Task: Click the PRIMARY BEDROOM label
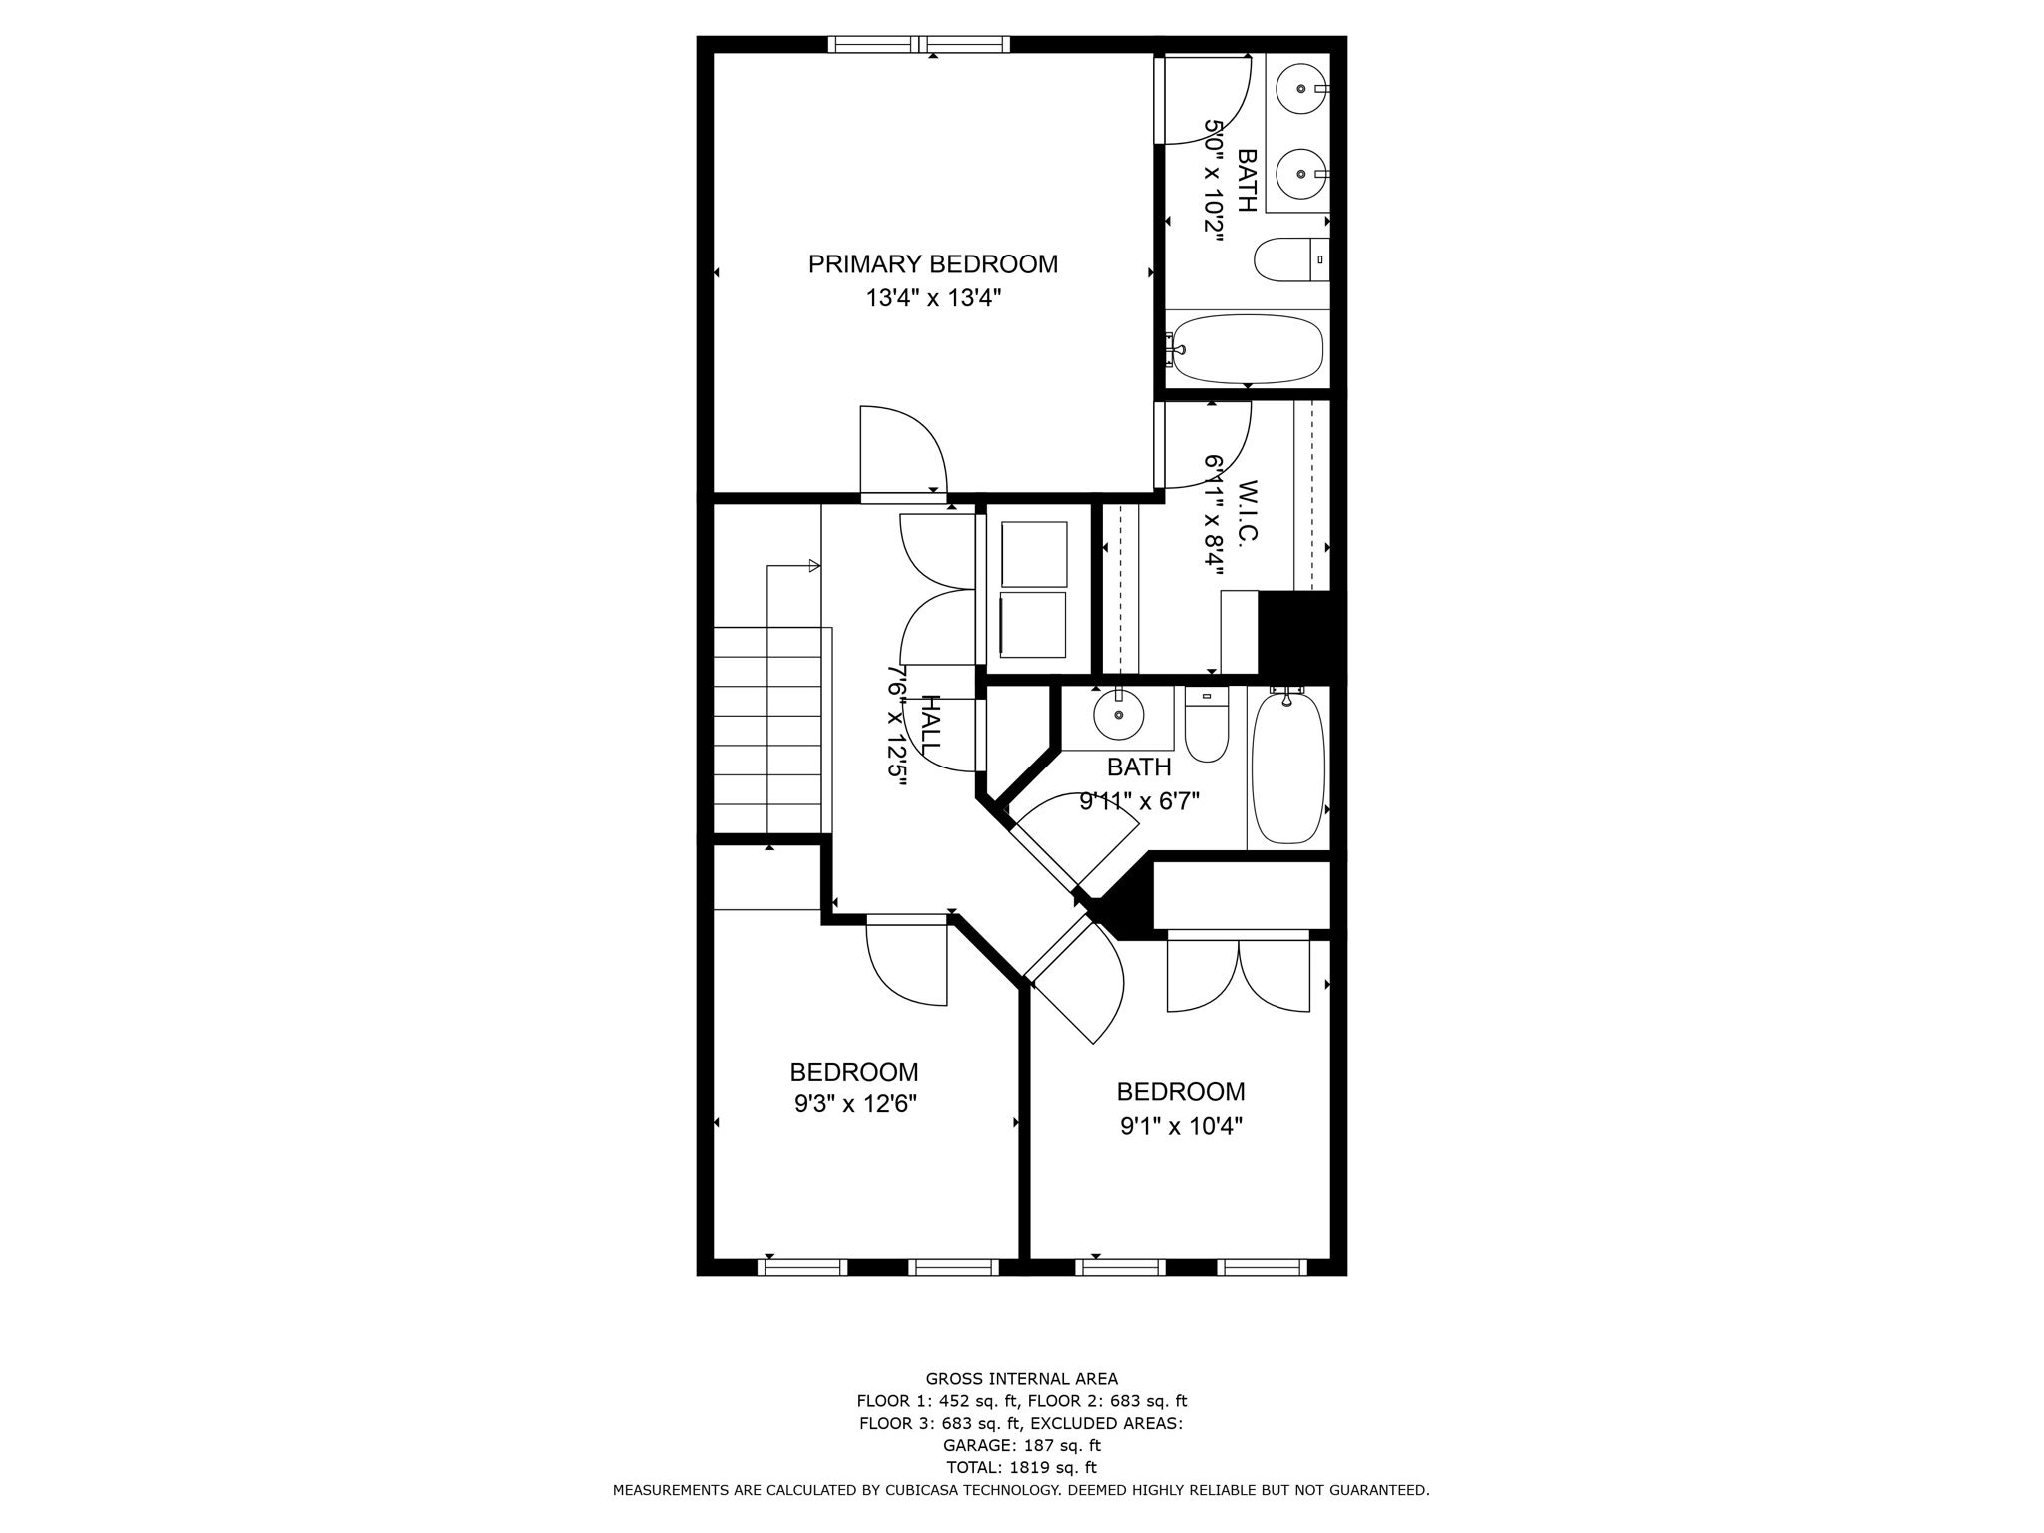[932, 264]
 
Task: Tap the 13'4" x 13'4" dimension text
[932, 298]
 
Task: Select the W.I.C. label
[1247, 512]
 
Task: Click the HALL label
[929, 726]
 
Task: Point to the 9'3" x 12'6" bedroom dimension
[854, 1104]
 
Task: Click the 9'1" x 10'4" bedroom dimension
[1181, 1127]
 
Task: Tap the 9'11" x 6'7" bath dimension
[1139, 800]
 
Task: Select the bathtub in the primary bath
[1247, 349]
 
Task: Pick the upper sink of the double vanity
[1302, 89]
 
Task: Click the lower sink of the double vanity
[1302, 174]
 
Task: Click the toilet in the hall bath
[1207, 733]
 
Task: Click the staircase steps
[767, 729]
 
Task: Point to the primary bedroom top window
[919, 44]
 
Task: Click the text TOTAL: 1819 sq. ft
[1021, 1467]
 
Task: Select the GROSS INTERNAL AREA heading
[1021, 1379]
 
